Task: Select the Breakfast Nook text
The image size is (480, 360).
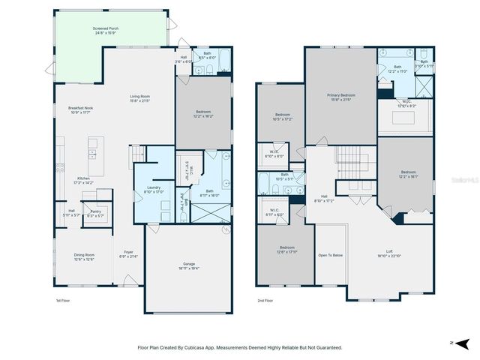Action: (x=80, y=109)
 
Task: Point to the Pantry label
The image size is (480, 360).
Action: (x=96, y=214)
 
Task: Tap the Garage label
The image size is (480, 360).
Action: (x=189, y=265)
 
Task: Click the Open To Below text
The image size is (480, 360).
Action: (x=330, y=256)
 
